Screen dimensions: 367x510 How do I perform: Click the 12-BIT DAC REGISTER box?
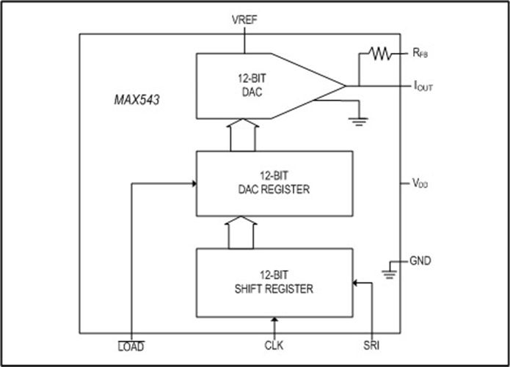tap(274, 183)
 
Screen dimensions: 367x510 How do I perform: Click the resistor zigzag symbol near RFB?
tap(379, 53)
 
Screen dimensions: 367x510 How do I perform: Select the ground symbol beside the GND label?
tap(390, 273)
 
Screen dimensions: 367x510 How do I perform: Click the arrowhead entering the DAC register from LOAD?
tap(192, 183)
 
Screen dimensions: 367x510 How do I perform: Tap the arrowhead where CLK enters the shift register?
tap(274, 320)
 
